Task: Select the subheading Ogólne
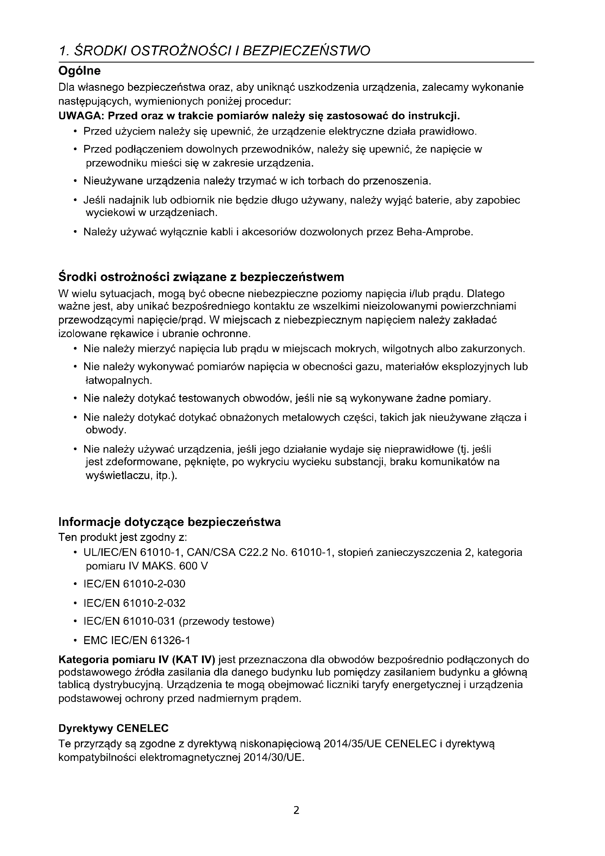(x=79, y=71)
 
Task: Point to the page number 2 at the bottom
(x=296, y=810)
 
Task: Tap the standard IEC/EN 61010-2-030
(x=135, y=583)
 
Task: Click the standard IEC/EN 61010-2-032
(x=135, y=603)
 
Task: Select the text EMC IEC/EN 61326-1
(x=137, y=640)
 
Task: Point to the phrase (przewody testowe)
(x=226, y=621)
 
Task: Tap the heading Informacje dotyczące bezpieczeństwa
(x=169, y=522)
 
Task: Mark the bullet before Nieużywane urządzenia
(x=76, y=182)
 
